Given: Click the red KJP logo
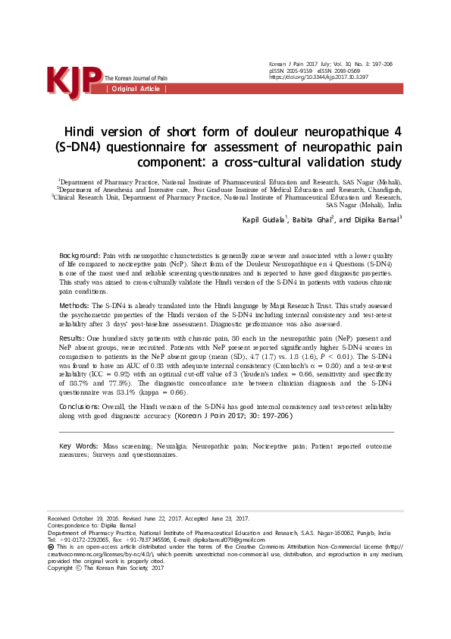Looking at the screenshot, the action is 74,81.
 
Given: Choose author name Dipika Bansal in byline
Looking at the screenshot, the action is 375,220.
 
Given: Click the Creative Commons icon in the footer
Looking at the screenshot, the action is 52,546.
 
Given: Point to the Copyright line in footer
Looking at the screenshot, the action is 106,567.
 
